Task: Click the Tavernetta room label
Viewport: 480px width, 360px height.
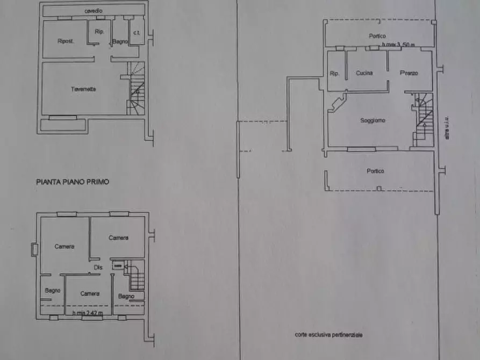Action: (x=83, y=89)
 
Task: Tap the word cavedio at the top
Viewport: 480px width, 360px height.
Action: (x=94, y=11)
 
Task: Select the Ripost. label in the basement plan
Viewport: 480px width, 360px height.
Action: (x=66, y=41)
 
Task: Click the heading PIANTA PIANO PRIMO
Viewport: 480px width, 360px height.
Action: (x=73, y=182)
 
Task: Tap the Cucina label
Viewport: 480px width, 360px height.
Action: (x=364, y=73)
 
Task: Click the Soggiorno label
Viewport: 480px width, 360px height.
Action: (x=372, y=120)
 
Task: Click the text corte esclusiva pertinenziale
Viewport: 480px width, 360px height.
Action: (x=328, y=335)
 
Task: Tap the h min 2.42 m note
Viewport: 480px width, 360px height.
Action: (x=88, y=312)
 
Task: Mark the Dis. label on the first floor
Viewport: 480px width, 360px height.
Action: (x=98, y=268)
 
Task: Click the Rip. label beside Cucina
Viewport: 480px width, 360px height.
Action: (x=334, y=74)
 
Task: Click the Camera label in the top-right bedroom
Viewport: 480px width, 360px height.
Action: (x=118, y=238)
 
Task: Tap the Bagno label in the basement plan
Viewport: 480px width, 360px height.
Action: (x=119, y=41)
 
